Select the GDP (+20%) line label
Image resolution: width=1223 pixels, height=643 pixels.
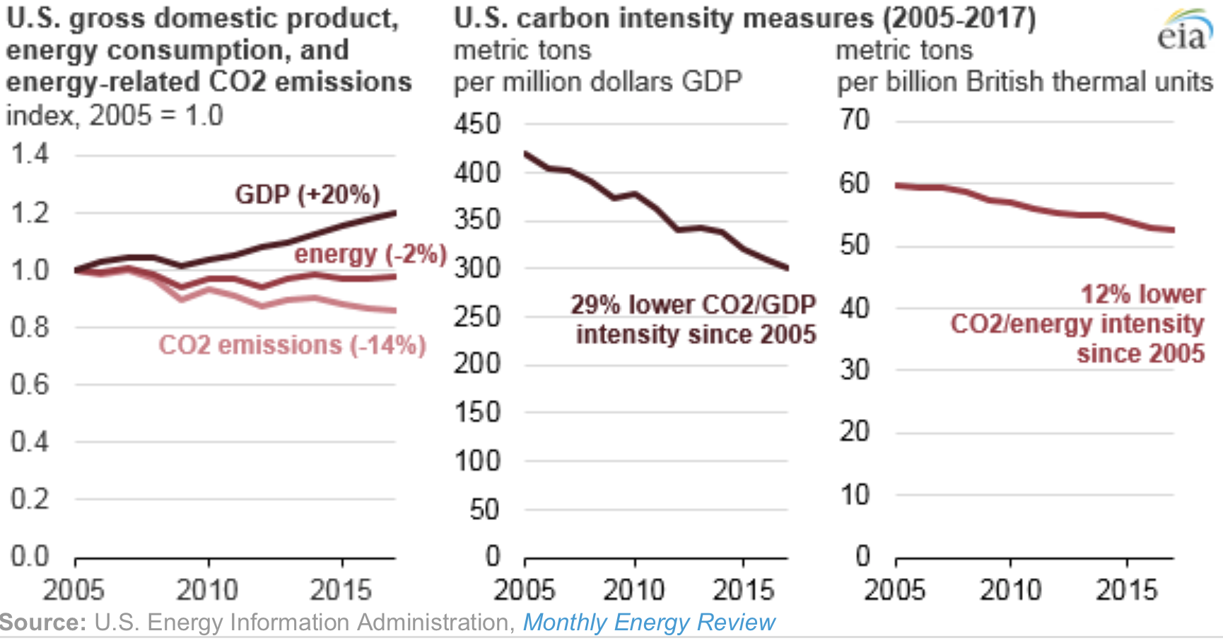[308, 194]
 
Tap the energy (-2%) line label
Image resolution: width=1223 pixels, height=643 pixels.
[370, 254]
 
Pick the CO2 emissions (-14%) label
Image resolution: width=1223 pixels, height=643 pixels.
[292, 345]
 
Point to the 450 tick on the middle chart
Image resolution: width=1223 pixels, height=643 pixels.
[477, 124]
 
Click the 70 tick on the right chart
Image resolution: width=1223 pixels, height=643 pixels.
[854, 119]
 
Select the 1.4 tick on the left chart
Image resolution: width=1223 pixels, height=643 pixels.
[30, 153]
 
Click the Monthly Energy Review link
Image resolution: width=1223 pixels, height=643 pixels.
[648, 623]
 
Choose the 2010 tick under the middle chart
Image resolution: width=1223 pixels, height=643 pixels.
[634, 589]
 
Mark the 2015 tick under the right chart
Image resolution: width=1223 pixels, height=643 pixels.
[1126, 589]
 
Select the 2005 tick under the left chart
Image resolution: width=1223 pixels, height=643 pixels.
[74, 589]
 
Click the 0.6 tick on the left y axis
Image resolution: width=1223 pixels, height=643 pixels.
[30, 384]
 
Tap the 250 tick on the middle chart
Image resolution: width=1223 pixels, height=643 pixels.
[477, 317]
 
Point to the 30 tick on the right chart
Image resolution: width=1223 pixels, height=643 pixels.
[854, 370]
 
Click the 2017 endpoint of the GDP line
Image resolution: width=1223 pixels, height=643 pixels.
[394, 212]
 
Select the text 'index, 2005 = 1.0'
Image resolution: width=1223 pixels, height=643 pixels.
[115, 115]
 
